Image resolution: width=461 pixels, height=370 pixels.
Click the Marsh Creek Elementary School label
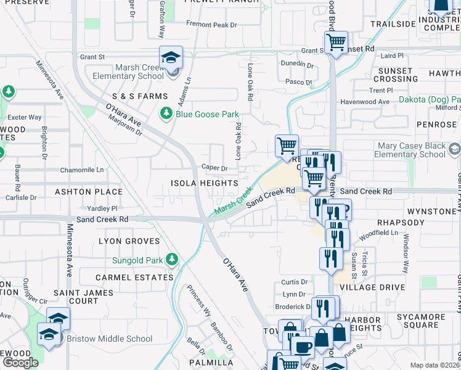coord(128,72)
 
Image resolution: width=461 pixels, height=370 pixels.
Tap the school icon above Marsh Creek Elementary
coord(171,58)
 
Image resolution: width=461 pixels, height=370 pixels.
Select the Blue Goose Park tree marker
coord(166,113)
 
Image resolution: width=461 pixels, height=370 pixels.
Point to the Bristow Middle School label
coord(110,339)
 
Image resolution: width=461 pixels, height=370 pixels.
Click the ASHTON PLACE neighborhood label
coord(89,192)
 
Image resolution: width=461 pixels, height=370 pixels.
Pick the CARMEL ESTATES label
coord(134,277)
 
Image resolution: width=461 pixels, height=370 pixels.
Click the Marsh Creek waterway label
coord(233,202)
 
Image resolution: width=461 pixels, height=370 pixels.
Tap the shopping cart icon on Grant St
coord(335,43)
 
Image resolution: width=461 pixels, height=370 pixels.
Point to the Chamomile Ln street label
coord(82,170)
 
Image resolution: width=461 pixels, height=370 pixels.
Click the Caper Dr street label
coord(215,168)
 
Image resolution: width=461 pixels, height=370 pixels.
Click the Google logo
coord(20,363)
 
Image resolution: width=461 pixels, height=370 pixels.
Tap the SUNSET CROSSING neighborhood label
coord(396,75)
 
